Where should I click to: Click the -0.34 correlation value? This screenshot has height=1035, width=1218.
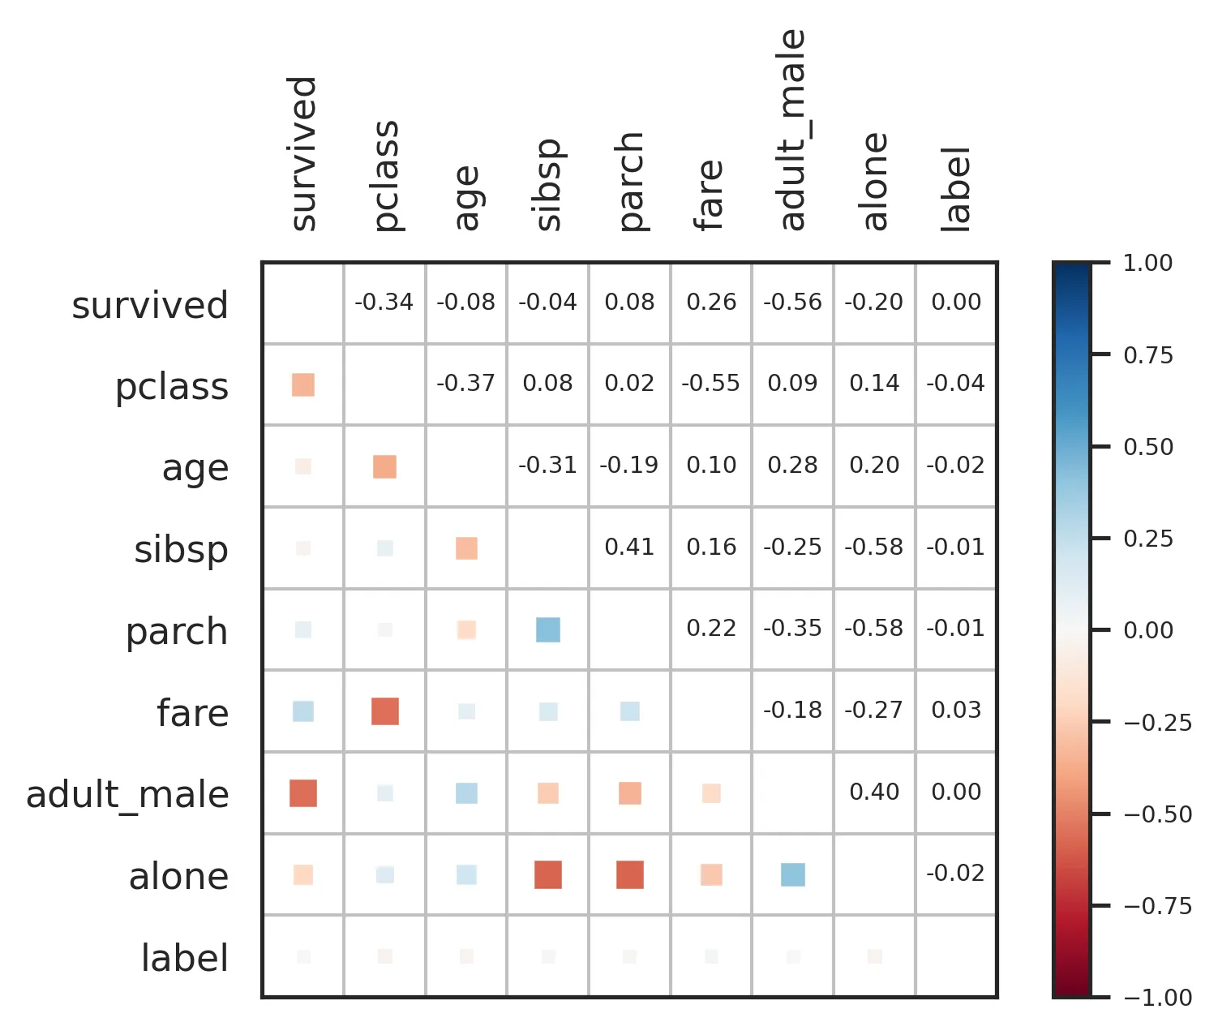coord(384,303)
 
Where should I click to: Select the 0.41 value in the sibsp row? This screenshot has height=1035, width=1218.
coord(629,548)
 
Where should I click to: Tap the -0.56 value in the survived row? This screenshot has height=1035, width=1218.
coord(792,303)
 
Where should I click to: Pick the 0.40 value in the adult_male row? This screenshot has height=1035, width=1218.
coord(874,792)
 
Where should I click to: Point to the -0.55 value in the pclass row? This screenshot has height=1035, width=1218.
coord(710,384)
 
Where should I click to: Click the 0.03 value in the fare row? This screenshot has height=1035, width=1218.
coord(956,711)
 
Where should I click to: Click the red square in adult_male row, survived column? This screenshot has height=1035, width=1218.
coord(303,793)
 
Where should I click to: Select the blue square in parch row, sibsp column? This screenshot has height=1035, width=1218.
coord(548,629)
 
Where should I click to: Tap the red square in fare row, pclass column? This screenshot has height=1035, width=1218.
coord(385,711)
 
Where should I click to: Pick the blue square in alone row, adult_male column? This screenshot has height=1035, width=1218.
coord(793,875)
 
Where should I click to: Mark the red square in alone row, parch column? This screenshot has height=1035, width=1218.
coord(630,875)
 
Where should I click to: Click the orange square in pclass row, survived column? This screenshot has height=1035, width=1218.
coord(303,384)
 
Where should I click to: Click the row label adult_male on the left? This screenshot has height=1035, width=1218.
coord(127,795)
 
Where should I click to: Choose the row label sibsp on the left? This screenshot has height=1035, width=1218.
coord(181,550)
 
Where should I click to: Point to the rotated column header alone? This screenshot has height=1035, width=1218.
coord(875,182)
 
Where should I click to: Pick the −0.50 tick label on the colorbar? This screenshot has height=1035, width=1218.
coord(1157,814)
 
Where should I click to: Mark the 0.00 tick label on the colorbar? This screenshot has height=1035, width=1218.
coord(1147,630)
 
